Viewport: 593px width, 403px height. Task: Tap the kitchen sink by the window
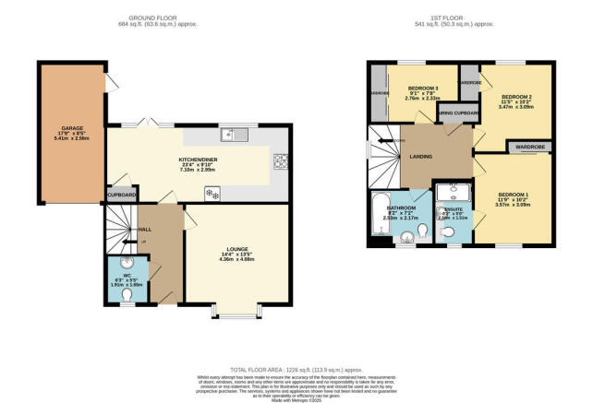pos(238,135)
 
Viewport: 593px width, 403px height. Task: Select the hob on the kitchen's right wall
pos(279,162)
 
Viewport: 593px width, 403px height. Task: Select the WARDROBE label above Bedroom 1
pos(529,146)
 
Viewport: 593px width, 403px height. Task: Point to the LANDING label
pos(414,158)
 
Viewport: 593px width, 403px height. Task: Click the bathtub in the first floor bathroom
pos(381,217)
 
